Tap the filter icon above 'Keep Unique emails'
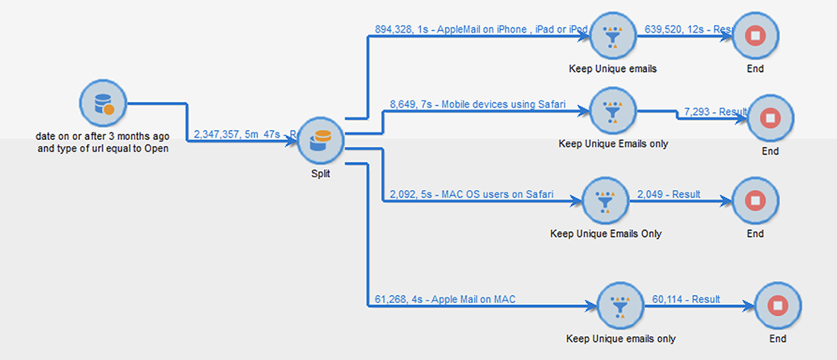613,35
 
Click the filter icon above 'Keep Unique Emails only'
613,110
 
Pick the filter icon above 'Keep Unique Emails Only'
606,201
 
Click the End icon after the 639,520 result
755,35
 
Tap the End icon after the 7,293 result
770,119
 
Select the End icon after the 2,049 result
755,201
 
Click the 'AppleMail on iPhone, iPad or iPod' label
481,29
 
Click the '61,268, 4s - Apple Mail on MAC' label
445,299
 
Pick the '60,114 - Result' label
686,299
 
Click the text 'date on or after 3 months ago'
103,136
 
